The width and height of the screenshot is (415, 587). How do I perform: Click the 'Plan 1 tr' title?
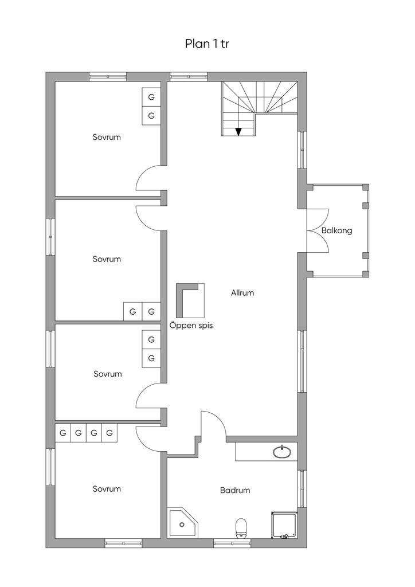coord(206,44)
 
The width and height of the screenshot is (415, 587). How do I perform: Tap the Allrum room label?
coord(242,293)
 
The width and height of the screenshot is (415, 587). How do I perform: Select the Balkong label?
coord(337,230)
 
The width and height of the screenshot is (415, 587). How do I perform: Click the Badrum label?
coord(235,490)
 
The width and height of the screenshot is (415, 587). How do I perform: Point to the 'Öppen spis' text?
coord(191,326)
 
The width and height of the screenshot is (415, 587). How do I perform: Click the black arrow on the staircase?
coord(238,131)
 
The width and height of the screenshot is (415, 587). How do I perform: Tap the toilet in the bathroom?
coord(241,528)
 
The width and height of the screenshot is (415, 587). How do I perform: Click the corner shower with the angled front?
coord(183,523)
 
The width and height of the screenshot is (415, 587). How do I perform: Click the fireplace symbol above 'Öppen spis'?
coord(190,300)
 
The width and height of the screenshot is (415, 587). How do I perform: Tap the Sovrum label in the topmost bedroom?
coord(107,137)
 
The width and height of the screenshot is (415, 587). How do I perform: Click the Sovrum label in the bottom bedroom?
coord(107,488)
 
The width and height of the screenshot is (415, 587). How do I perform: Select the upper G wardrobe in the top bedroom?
coord(151,97)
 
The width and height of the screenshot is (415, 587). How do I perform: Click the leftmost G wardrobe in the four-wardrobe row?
coord(63,433)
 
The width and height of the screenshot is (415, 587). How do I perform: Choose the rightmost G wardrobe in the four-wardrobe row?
coord(109,433)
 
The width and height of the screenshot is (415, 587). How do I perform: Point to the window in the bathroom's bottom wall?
coord(232,543)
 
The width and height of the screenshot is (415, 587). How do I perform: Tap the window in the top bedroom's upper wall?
coord(108,76)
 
